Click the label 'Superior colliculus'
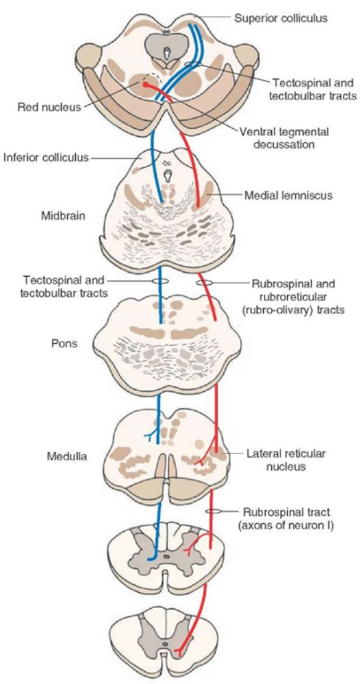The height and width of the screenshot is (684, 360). click(280, 18)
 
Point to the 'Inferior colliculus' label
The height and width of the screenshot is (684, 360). click(47, 158)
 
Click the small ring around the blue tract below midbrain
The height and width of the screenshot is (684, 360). click(160, 281)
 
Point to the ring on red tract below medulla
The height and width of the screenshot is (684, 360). click(214, 511)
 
